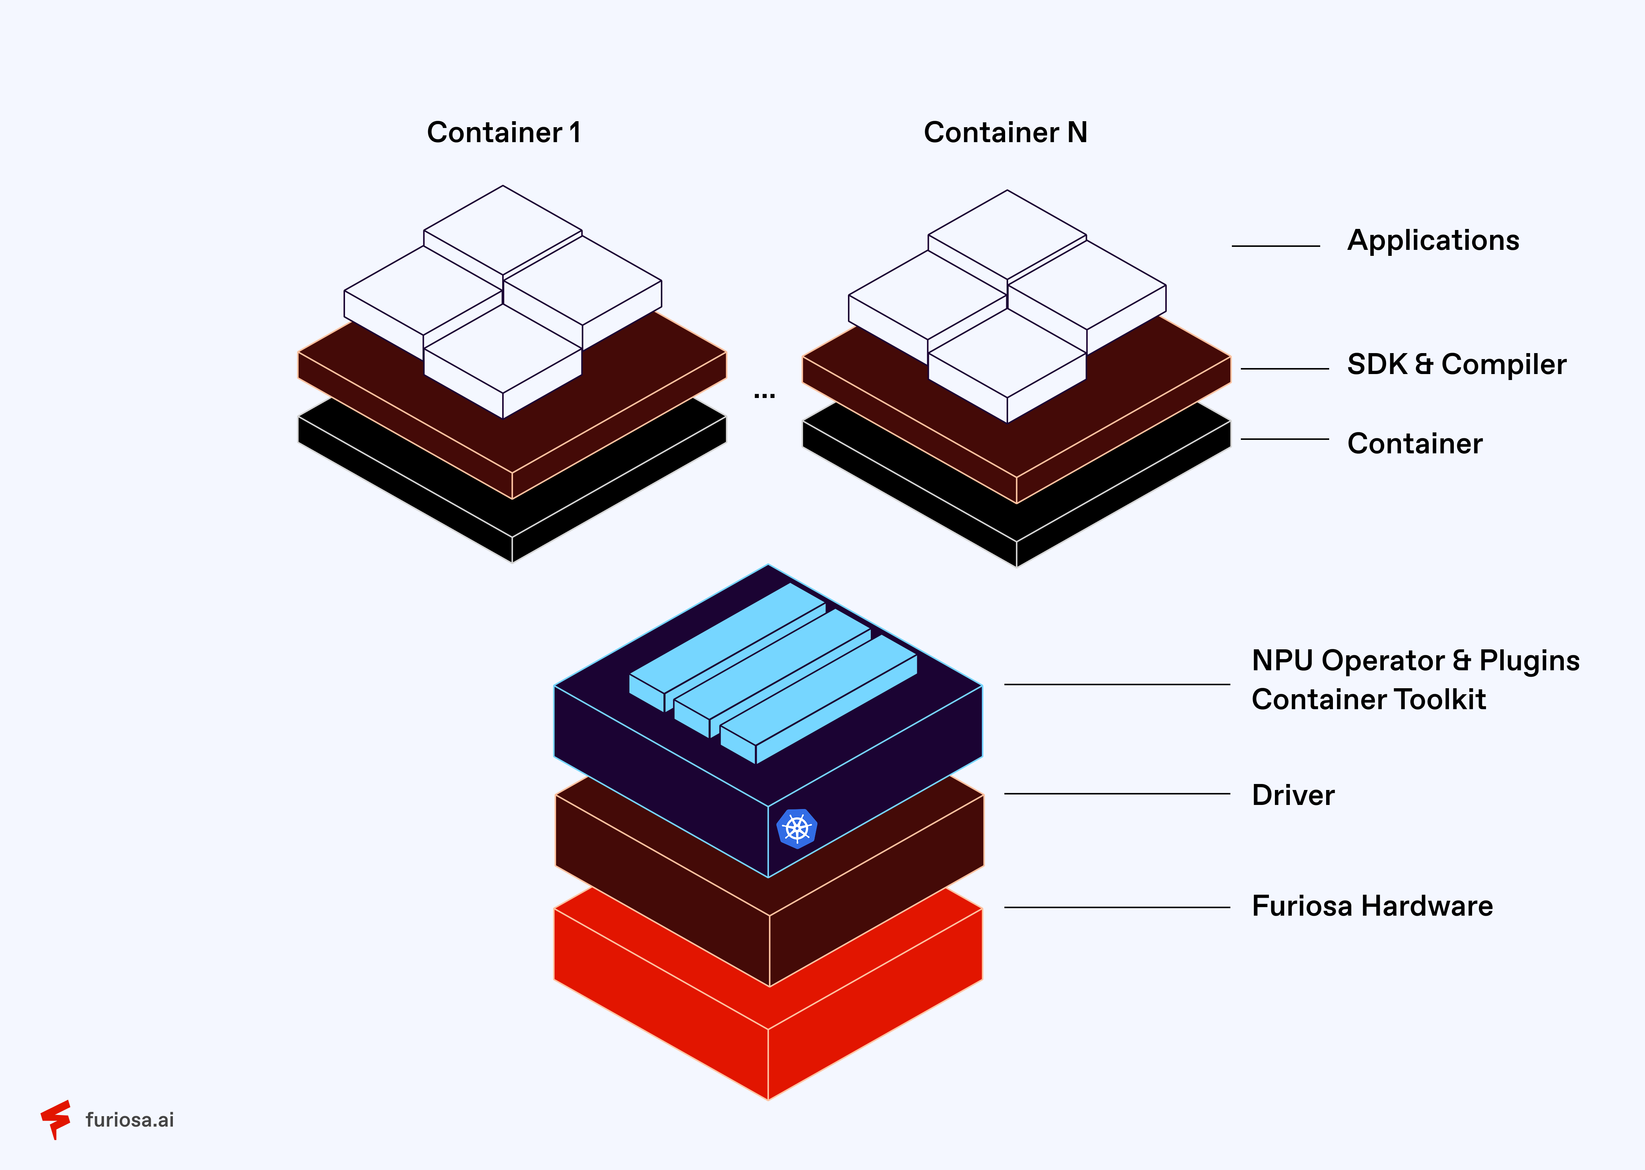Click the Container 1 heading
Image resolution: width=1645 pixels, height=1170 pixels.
[504, 132]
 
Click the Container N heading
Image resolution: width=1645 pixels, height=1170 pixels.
[1005, 132]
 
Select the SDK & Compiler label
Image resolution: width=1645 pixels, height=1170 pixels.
[1456, 365]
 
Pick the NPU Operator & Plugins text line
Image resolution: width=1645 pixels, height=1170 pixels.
[1415, 661]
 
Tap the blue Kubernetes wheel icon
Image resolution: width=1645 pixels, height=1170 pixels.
[797, 829]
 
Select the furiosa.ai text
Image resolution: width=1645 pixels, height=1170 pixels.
[130, 1120]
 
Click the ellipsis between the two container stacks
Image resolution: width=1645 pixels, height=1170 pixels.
[764, 395]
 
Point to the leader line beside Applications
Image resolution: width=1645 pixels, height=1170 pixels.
[1275, 246]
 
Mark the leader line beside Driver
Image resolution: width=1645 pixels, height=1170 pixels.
[1117, 794]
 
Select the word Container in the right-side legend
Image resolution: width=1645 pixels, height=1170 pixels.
[1414, 444]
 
